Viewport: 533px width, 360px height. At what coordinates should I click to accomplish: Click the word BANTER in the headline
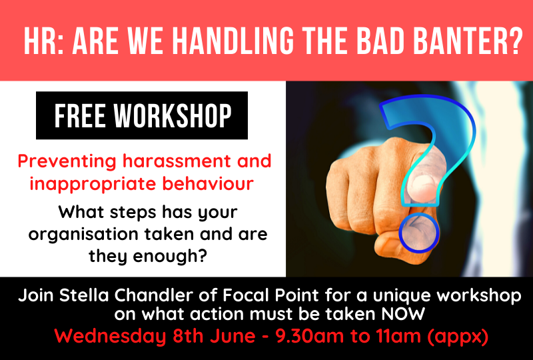click(x=468, y=41)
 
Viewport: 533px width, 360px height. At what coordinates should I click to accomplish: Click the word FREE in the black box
click(x=80, y=115)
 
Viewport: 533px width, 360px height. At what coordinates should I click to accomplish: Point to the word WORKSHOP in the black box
click(x=173, y=115)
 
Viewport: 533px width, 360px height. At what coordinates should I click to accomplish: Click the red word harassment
click(x=177, y=161)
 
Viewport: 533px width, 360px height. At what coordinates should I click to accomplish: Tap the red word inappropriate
click(x=93, y=184)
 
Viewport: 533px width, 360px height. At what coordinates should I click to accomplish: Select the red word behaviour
click(x=208, y=183)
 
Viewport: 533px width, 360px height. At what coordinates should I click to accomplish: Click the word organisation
click(x=83, y=235)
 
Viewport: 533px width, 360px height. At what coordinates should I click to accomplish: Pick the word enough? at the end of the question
click(x=170, y=256)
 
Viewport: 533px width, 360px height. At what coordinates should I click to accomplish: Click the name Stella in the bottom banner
click(x=84, y=295)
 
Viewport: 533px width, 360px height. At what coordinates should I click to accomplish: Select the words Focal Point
click(x=270, y=295)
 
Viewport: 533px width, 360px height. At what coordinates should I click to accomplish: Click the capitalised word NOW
click(x=403, y=314)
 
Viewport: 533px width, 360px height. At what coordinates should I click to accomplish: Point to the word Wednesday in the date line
click(x=110, y=336)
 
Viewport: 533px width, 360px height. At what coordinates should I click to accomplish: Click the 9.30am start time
click(x=310, y=336)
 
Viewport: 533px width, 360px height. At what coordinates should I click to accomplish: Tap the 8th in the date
click(x=188, y=336)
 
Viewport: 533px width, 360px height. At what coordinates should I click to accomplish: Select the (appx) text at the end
click(x=458, y=337)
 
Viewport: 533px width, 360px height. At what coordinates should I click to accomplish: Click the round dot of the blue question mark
click(x=418, y=233)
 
